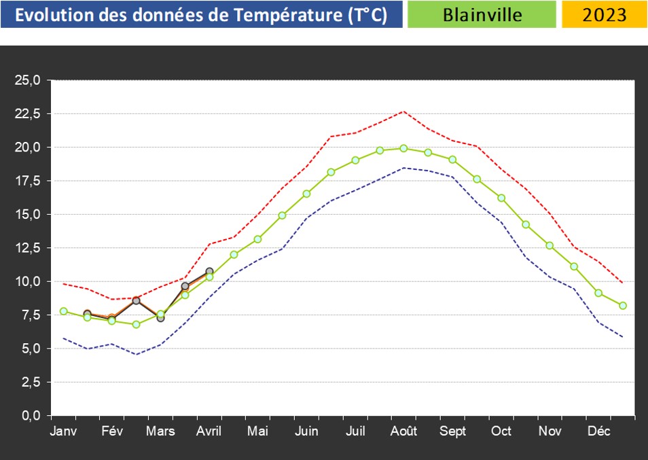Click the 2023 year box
point(604,15)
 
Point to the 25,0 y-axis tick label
point(28,80)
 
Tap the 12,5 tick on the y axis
point(28,248)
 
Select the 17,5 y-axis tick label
point(28,181)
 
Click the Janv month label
point(63,432)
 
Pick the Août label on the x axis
point(404,432)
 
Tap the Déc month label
point(599,432)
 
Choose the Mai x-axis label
point(257,432)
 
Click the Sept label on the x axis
point(453,432)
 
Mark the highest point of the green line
point(403,148)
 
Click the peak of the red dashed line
point(403,111)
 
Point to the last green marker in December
point(623,306)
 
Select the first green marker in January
point(63,311)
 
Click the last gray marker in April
point(209,272)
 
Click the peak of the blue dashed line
point(403,168)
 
